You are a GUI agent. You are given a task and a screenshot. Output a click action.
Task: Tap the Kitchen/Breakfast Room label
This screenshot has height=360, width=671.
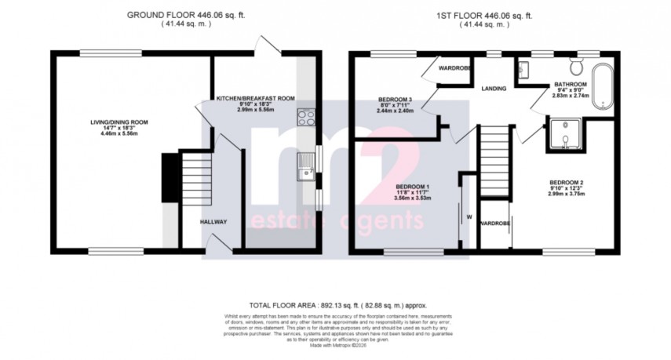tap(255, 98)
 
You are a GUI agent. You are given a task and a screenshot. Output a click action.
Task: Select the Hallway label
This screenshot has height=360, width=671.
tap(213, 222)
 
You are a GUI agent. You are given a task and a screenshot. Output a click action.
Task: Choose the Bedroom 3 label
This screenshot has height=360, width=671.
tap(395, 99)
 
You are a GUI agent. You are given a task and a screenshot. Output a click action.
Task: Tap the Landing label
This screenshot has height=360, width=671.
tap(494, 88)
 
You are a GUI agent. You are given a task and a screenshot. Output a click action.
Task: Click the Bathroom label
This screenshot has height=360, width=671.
tap(571, 84)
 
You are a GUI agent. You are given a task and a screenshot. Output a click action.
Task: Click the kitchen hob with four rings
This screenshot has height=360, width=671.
tap(306, 118)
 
